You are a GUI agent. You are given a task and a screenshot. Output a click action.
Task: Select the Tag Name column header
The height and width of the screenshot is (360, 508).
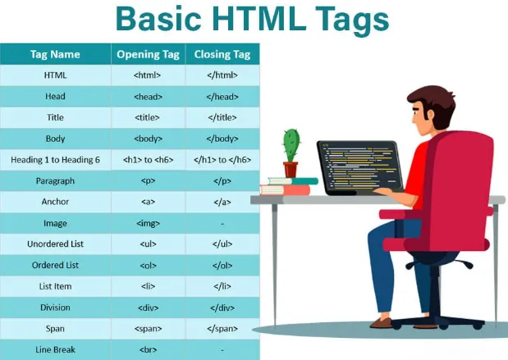coord(55,55)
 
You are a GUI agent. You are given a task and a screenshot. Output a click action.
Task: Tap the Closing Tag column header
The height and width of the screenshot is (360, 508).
coord(222,55)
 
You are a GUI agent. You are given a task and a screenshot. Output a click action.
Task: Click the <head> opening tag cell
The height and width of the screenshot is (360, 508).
coord(148,97)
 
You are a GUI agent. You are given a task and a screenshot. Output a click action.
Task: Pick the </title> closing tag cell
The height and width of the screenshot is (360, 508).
coord(222,118)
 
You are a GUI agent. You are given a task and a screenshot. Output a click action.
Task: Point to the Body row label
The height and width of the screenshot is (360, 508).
coord(55,139)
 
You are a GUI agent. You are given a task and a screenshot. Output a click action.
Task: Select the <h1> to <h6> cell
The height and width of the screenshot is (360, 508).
coord(148,160)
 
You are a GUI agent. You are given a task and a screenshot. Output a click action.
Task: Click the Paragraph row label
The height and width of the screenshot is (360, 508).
coord(55,181)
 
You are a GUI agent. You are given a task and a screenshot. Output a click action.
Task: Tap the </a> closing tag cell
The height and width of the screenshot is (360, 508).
coord(222,202)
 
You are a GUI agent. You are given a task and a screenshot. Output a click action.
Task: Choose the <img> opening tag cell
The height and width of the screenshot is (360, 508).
coord(148,223)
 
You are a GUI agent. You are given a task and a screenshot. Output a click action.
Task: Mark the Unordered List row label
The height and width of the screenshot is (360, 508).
coord(55,244)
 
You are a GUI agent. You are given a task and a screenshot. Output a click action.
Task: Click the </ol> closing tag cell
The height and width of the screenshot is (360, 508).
coord(222,266)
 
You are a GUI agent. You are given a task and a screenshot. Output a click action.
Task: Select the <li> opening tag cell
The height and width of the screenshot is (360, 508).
coord(148,286)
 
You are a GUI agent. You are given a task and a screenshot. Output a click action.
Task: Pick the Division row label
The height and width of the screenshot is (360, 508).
coord(55,308)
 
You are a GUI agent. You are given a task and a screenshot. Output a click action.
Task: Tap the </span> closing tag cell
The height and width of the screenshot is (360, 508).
coord(222,329)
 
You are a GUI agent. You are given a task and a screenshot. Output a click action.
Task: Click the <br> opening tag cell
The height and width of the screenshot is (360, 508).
coord(148,349)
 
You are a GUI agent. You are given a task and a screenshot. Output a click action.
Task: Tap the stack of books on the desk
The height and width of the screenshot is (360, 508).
coord(287,186)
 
